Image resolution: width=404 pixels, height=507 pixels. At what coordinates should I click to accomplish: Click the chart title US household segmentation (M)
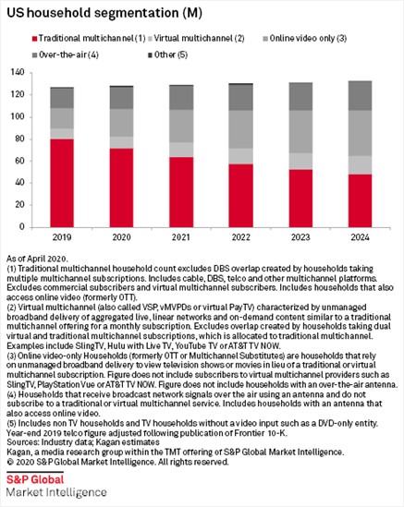pyautogui.click(x=104, y=13)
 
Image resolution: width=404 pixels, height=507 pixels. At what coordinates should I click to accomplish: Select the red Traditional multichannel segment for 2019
pyautogui.click(x=62, y=183)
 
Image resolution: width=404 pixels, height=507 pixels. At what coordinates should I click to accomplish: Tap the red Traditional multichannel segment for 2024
pyautogui.click(x=360, y=200)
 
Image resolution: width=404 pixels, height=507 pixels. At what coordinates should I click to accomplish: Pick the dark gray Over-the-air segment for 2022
pyautogui.click(x=241, y=98)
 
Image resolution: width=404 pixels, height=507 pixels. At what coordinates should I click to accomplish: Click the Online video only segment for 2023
pyautogui.click(x=300, y=132)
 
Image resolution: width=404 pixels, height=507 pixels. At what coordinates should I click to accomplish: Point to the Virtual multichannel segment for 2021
pyautogui.click(x=181, y=150)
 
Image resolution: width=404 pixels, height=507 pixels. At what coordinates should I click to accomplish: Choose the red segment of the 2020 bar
pyautogui.click(x=121, y=187)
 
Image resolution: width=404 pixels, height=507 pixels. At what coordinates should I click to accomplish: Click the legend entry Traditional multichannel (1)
pyautogui.click(x=89, y=39)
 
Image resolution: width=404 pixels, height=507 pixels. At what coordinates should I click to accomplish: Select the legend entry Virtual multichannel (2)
pyautogui.click(x=196, y=39)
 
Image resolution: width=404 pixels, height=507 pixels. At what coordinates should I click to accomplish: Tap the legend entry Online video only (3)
pyautogui.click(x=305, y=39)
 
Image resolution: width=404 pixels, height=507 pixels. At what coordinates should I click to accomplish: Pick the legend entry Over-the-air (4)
pyautogui.click(x=66, y=55)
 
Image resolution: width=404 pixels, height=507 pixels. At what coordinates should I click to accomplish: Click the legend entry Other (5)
pyautogui.click(x=167, y=55)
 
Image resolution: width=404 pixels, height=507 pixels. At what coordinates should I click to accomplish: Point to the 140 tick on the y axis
pyautogui.click(x=18, y=72)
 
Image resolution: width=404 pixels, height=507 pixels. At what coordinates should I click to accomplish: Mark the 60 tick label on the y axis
pyautogui.click(x=19, y=161)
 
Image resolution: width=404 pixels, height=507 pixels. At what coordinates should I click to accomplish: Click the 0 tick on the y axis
pyautogui.click(x=21, y=227)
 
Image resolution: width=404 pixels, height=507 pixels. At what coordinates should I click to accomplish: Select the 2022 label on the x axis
pyautogui.click(x=241, y=237)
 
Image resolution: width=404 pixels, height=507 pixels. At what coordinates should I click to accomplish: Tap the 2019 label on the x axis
pyautogui.click(x=62, y=237)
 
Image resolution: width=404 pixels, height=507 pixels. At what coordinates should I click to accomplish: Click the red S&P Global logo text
pyautogui.click(x=35, y=479)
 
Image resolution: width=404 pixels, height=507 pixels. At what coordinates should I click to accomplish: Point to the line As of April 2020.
pyautogui.click(x=37, y=259)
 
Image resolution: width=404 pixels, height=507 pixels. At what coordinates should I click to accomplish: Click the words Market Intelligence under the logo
pyautogui.click(x=56, y=492)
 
